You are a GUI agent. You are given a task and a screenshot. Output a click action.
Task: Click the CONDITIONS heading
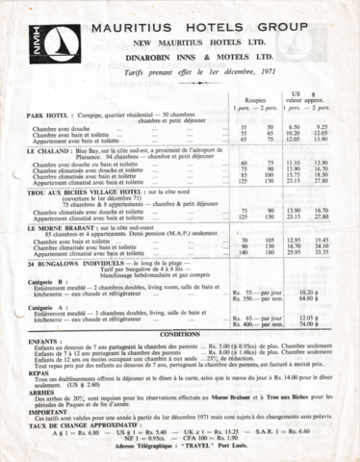pyautogui.click(x=179, y=334)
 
